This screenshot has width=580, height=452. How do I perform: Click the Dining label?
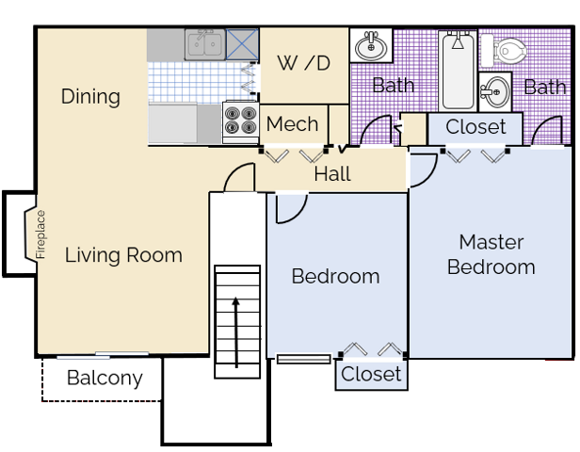point(90,97)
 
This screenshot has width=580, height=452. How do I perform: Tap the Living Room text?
point(123,255)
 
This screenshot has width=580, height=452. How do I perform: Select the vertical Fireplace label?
point(40,234)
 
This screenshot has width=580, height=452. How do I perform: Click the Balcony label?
point(105,378)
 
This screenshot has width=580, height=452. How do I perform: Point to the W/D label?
point(304,63)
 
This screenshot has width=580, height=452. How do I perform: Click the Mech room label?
point(292,124)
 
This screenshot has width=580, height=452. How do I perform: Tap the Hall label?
point(332,174)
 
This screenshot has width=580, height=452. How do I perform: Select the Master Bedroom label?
point(491,254)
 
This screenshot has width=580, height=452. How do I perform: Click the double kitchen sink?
point(205,45)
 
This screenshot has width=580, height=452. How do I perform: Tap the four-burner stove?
point(240,121)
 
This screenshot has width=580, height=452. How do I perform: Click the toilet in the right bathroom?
point(504,50)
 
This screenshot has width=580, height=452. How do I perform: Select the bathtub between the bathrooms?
point(458,71)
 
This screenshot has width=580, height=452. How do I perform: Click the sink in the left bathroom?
point(371,45)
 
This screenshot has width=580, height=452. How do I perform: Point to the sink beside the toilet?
point(495,91)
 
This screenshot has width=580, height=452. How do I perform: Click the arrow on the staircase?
point(236,332)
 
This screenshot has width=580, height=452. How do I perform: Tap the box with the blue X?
point(242,45)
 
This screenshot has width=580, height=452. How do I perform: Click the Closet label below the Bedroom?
point(371,374)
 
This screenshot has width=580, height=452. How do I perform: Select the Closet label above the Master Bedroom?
point(475,127)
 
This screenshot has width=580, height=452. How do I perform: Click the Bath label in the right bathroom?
point(545,88)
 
